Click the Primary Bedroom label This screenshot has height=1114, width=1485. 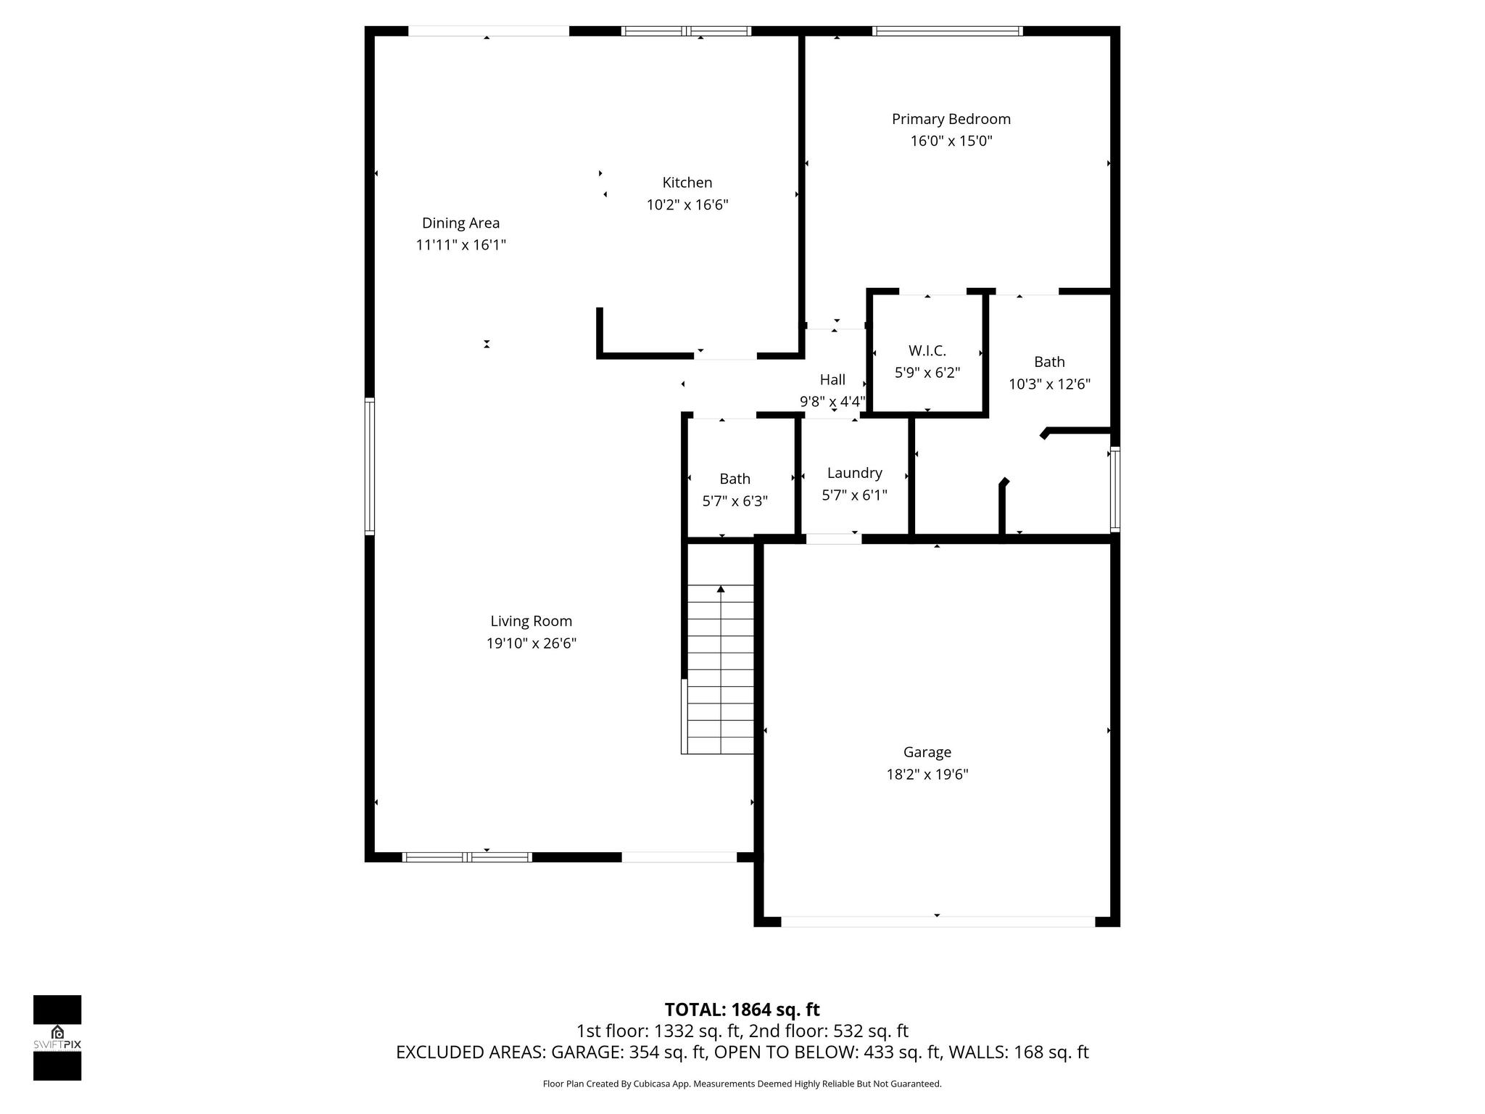tap(951, 119)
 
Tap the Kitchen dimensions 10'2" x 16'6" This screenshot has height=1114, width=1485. tap(687, 205)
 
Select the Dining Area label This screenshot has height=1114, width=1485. tap(460, 223)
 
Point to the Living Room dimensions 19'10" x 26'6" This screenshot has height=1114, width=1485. tap(531, 643)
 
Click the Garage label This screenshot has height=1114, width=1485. tap(927, 752)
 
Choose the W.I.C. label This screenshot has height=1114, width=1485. tap(927, 351)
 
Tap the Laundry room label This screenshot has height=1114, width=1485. tap(854, 473)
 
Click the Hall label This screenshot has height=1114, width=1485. tap(832, 379)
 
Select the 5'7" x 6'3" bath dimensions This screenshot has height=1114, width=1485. tap(735, 501)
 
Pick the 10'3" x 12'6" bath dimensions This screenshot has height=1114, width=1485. tap(1049, 384)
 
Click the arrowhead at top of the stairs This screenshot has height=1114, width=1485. tap(721, 589)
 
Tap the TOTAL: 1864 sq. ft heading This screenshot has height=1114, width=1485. tap(742, 1010)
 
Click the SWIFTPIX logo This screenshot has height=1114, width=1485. tap(57, 1037)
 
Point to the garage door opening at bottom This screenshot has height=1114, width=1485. tap(937, 922)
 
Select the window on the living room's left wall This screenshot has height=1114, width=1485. tap(370, 466)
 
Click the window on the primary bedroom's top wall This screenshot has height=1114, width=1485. tap(947, 31)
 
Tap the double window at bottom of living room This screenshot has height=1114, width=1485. tap(467, 857)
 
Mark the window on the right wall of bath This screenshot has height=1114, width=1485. tap(1115, 490)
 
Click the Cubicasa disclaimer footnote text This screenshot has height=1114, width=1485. tap(742, 1084)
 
